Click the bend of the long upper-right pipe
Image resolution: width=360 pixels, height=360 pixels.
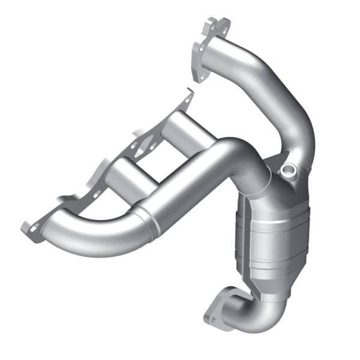[x=294, y=84]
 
